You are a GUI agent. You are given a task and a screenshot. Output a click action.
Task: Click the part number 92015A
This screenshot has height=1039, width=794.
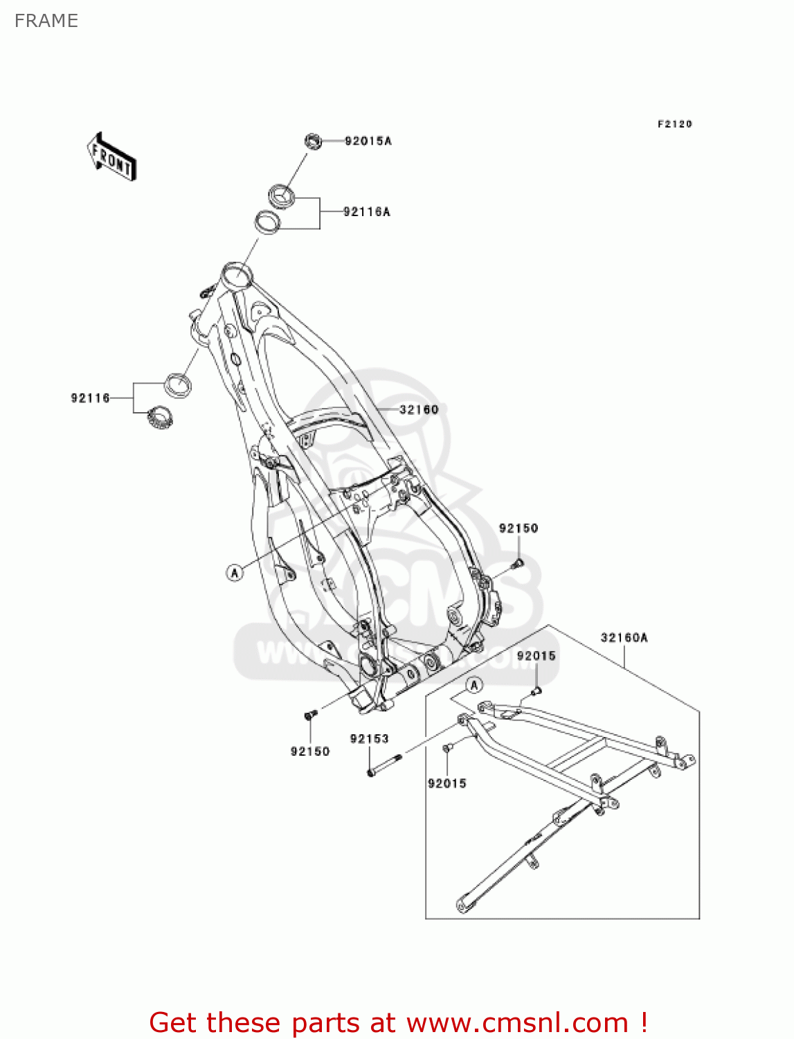(x=368, y=141)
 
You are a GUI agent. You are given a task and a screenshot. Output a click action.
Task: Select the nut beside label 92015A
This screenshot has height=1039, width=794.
(x=313, y=141)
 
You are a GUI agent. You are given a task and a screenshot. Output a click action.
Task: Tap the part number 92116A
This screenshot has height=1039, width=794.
(x=367, y=212)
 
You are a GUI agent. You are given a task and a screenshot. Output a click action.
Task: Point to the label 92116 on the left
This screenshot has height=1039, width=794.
(x=90, y=398)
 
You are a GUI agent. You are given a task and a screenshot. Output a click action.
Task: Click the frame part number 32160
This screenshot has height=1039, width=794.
(x=419, y=410)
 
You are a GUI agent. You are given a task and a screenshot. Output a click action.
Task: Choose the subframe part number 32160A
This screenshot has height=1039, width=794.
(x=624, y=638)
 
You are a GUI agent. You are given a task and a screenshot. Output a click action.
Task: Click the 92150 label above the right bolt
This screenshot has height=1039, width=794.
(x=518, y=529)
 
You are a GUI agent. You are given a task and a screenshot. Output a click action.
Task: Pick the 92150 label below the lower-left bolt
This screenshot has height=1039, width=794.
(x=310, y=752)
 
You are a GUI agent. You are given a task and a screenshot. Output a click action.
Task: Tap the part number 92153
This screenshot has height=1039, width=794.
(x=369, y=739)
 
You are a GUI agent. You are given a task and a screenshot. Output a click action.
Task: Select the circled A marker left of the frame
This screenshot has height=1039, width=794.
(x=235, y=573)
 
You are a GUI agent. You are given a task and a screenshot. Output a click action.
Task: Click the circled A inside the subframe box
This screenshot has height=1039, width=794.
(x=474, y=686)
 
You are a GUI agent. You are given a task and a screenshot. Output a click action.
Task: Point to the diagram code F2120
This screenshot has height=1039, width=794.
(x=674, y=124)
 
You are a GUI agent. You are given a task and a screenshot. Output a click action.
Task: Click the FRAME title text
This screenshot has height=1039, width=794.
(x=46, y=21)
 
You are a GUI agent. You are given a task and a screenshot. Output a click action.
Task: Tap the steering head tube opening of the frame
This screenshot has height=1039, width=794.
(x=236, y=275)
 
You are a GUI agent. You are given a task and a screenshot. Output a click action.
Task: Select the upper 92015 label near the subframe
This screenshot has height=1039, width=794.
(x=536, y=656)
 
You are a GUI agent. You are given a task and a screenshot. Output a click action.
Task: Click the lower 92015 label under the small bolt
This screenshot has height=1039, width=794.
(x=447, y=783)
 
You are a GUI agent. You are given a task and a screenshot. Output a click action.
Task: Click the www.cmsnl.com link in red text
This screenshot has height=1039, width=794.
(x=517, y=1022)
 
